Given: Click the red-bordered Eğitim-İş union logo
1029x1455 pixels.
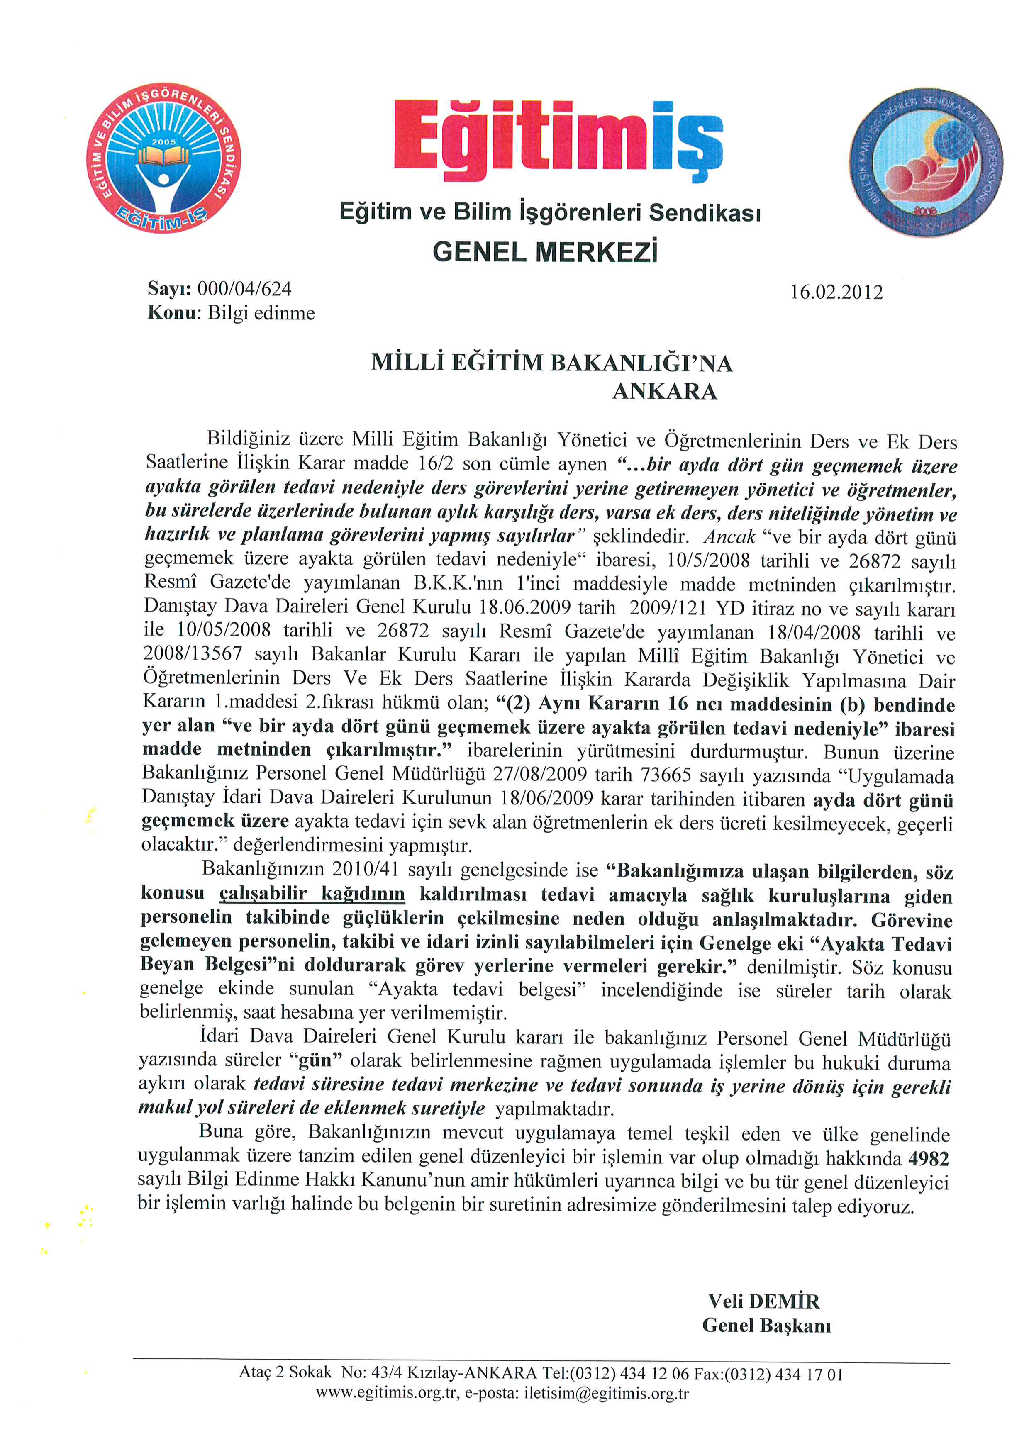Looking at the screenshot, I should point(163,158).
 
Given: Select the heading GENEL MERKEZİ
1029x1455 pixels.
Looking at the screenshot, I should point(545,252).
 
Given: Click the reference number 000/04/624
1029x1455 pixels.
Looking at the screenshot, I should point(244,289).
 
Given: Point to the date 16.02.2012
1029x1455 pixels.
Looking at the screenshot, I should point(836,292).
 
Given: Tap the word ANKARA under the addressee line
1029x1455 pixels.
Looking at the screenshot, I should point(665,392).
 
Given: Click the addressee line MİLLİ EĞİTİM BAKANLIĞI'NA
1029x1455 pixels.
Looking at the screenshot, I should point(551,363).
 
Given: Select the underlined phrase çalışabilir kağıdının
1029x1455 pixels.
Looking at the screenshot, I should point(312,894).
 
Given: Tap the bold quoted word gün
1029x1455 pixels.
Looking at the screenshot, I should point(320,1060).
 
